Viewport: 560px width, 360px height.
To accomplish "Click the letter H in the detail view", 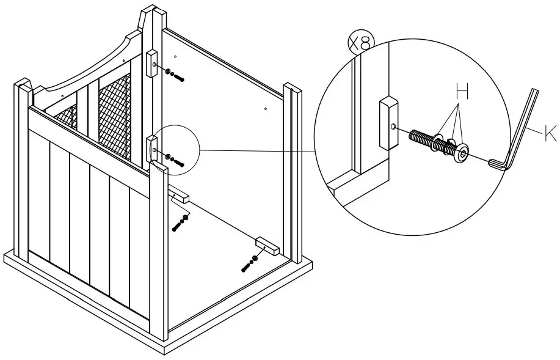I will click(x=462, y=94).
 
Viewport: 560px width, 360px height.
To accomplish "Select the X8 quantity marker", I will click(x=360, y=43).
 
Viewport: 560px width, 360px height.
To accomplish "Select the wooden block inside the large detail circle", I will click(x=387, y=123).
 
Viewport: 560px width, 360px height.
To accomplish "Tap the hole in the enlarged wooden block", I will click(x=395, y=127).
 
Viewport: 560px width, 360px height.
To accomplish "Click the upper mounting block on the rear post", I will click(x=151, y=62).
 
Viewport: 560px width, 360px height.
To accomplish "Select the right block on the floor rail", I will click(x=267, y=246).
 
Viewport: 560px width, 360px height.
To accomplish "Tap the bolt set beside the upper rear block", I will click(x=173, y=75).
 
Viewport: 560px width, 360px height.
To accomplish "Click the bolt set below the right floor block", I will click(x=250, y=263).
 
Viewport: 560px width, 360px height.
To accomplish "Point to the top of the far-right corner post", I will click(x=293, y=89).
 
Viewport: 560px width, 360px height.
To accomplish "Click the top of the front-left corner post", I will click(x=22, y=85).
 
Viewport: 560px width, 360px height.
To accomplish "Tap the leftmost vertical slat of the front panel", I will click(x=39, y=196).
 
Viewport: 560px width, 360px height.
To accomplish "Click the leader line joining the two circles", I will click(x=256, y=150).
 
